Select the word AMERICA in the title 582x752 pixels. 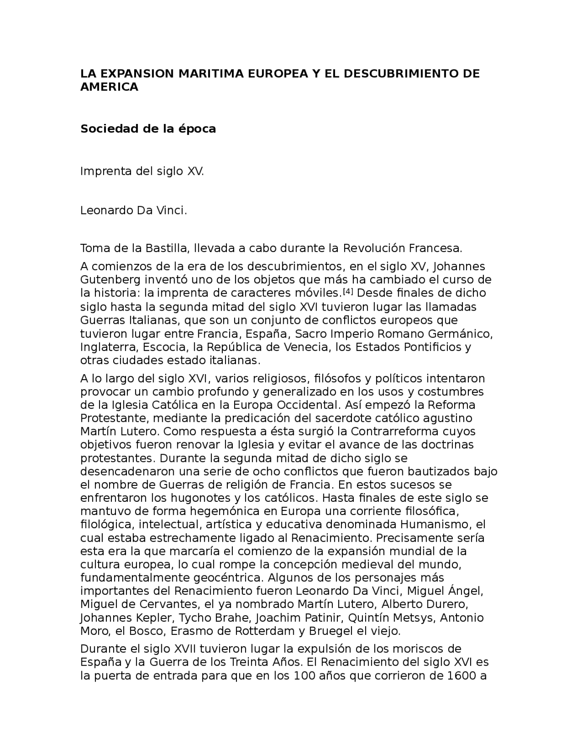point(109,87)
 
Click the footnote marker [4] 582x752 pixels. point(347,291)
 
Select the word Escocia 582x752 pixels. point(163,347)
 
